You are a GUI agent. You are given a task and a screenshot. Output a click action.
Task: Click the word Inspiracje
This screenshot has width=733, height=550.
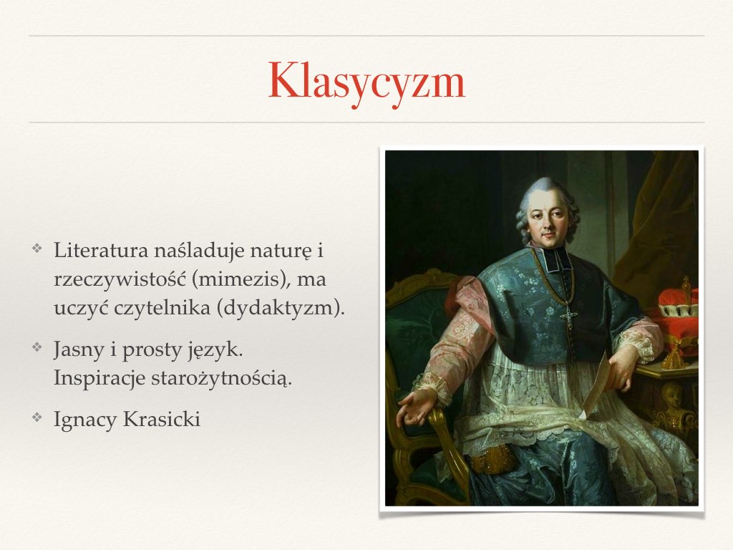click(x=99, y=378)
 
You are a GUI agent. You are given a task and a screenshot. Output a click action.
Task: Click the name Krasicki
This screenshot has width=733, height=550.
click(x=162, y=419)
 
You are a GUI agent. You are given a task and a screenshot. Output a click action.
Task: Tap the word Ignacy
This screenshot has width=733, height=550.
click(x=86, y=420)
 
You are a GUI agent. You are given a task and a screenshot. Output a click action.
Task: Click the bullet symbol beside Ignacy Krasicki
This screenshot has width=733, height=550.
click(x=37, y=417)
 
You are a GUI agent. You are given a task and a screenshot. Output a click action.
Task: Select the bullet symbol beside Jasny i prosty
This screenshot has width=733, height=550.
click(x=37, y=347)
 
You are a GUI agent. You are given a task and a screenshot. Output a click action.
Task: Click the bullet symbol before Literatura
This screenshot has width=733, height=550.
click(x=37, y=248)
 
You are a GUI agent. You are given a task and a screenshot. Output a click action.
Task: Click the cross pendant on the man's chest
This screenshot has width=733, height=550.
click(x=569, y=316)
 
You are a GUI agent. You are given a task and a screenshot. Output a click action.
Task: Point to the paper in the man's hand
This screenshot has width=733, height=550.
click(x=593, y=386)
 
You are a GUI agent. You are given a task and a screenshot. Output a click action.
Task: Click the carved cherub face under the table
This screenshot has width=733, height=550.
click(x=671, y=395)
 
